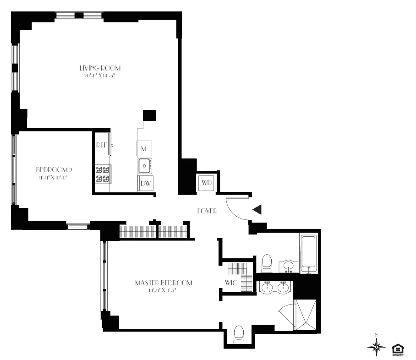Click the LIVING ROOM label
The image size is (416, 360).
pyautogui.click(x=100, y=68)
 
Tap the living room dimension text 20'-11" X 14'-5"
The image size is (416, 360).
pyautogui.click(x=100, y=76)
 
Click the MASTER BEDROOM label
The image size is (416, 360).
pyautogui.click(x=164, y=283)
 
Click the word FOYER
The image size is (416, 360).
pyautogui.click(x=207, y=211)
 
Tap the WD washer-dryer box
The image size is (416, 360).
pyautogui.click(x=207, y=183)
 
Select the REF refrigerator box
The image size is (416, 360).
pyautogui.click(x=102, y=144)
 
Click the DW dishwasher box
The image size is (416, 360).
pyautogui.click(x=146, y=183)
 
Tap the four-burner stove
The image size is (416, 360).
pyautogui.click(x=103, y=174)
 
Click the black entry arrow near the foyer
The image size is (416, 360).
pyautogui.click(x=257, y=210)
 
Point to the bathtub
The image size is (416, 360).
pyautogui.click(x=309, y=253)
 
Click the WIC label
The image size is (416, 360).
pyautogui.click(x=230, y=283)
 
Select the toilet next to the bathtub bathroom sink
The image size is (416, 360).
pyautogui.click(x=267, y=263)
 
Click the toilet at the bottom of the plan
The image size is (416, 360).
pyautogui.click(x=239, y=335)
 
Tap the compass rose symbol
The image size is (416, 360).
pyautogui.click(x=376, y=347)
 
